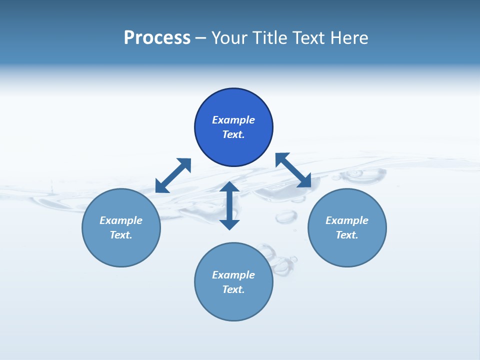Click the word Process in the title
pyautogui.click(x=157, y=38)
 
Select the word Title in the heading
pyautogui.click(x=273, y=38)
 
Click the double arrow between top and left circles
pyautogui.click(x=173, y=175)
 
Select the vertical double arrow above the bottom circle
pyautogui.click(x=229, y=205)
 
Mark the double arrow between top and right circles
pyautogui.click(x=293, y=170)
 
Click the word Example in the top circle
pyautogui.click(x=233, y=120)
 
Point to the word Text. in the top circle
pyautogui.click(x=233, y=134)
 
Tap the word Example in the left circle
pyautogui.click(x=121, y=220)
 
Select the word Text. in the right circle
pyautogui.click(x=347, y=235)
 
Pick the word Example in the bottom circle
pyautogui.click(x=233, y=275)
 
